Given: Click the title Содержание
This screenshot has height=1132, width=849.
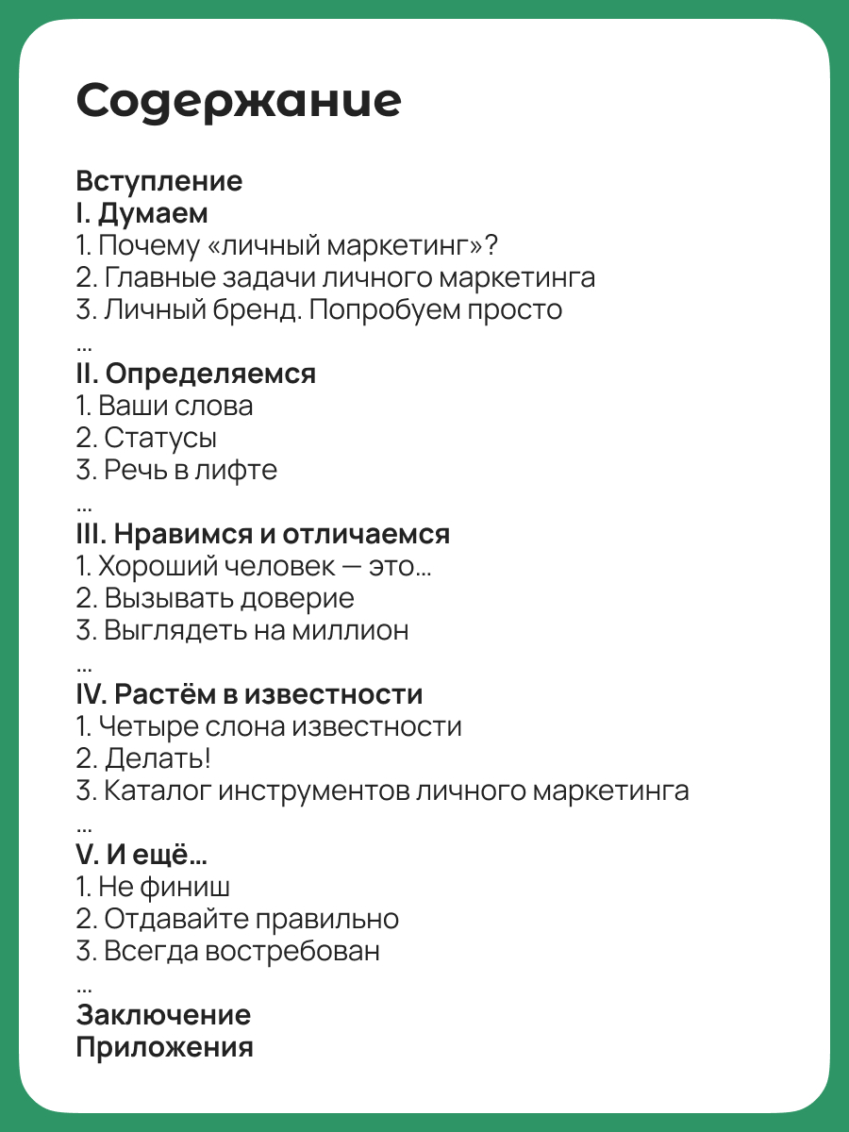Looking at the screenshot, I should pyautogui.click(x=239, y=101).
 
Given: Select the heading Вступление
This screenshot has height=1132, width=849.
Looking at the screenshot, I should pyautogui.click(x=158, y=180).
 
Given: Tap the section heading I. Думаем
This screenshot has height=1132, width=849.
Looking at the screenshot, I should pyautogui.click(x=141, y=212).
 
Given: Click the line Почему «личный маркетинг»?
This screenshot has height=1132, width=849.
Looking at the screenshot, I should pyautogui.click(x=287, y=245).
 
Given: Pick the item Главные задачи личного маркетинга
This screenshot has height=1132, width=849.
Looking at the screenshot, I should pyautogui.click(x=336, y=277).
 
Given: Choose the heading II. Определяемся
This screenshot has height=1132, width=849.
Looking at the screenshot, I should pyautogui.click(x=195, y=374).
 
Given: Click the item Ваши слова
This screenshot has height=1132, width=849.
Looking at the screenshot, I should pyautogui.click(x=164, y=406).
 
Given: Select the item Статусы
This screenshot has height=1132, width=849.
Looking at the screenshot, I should pyautogui.click(x=146, y=438).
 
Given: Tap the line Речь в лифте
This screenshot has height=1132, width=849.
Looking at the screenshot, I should pyautogui.click(x=176, y=470).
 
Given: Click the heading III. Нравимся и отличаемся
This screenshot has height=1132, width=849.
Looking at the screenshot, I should pyautogui.click(x=262, y=534).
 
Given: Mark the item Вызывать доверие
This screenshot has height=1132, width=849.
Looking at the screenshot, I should pyautogui.click(x=215, y=598).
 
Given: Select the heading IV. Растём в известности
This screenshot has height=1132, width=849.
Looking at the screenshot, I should pyautogui.click(x=249, y=694).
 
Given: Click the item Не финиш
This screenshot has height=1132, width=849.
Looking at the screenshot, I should pyautogui.click(x=153, y=887).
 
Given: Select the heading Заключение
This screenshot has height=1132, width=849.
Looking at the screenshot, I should pyautogui.click(x=163, y=1015).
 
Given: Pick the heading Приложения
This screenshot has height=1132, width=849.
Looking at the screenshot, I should pyautogui.click(x=164, y=1047).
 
